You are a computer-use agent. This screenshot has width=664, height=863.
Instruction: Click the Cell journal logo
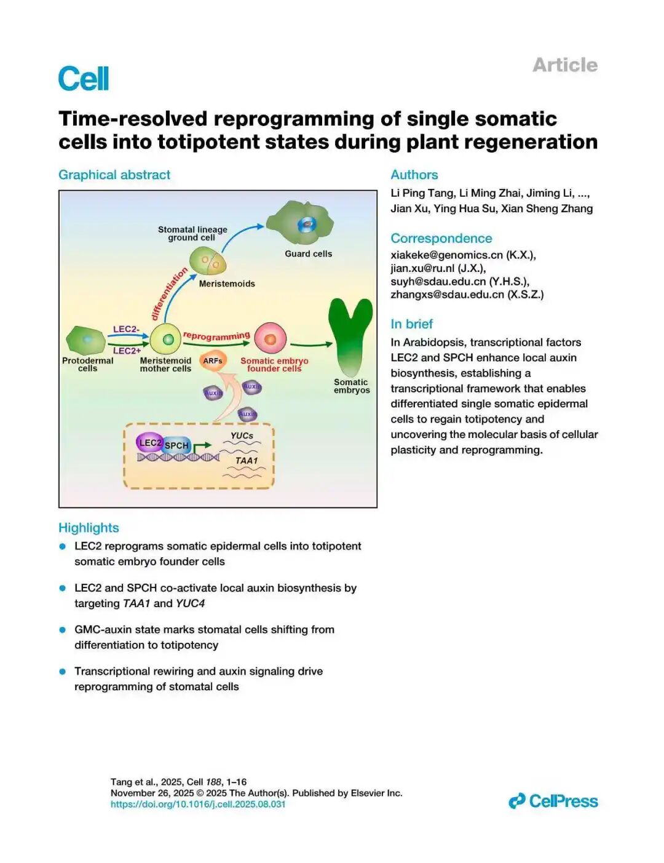84,79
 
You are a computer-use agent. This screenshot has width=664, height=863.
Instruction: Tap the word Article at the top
564,65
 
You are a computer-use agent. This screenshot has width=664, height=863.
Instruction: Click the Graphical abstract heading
114,175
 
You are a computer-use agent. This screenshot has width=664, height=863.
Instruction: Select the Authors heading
414,175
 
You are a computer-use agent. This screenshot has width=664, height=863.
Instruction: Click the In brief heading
411,324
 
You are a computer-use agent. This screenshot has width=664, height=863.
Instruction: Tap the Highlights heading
89,528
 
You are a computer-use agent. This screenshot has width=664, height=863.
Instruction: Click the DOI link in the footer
198,804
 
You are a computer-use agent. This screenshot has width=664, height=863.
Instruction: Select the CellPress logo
553,801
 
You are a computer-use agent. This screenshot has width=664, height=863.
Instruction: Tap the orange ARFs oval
213,361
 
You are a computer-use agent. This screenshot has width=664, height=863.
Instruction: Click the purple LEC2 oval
149,442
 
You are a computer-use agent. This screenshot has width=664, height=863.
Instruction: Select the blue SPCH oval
177,445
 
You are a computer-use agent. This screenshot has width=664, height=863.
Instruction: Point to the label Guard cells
308,254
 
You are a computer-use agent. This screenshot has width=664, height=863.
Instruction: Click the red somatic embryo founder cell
271,338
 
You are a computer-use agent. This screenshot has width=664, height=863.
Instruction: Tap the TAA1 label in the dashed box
247,461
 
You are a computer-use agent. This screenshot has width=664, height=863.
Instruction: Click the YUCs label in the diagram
242,435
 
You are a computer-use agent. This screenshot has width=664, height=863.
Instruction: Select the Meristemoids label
226,284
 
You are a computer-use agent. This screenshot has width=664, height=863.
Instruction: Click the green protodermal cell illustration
86,340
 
